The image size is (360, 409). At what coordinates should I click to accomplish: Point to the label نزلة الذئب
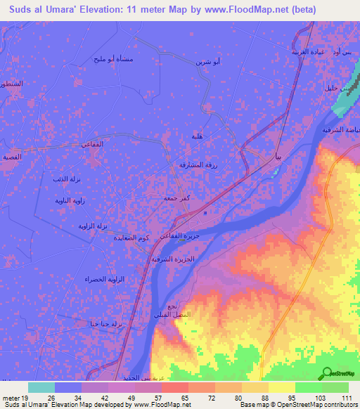(67, 180)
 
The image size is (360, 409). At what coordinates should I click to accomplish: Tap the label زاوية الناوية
(70, 200)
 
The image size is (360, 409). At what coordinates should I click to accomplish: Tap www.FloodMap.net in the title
(247, 10)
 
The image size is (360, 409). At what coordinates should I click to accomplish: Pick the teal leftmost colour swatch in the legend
(41, 387)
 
